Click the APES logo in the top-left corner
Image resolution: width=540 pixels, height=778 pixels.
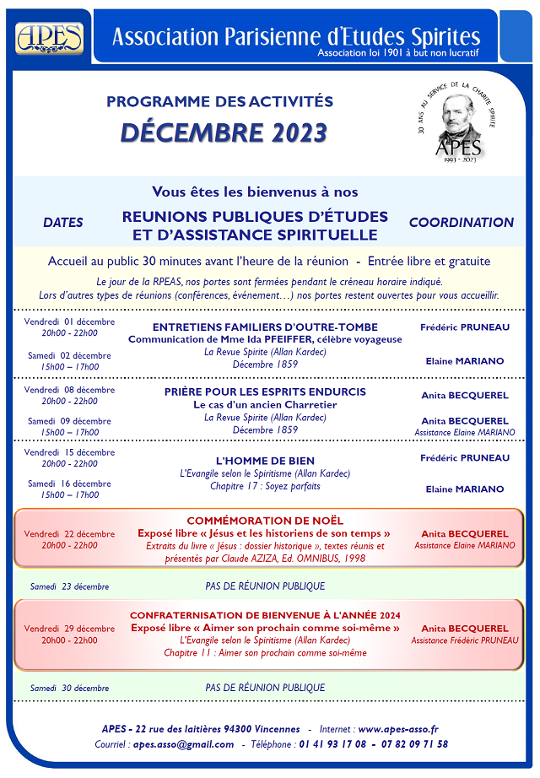tap(49, 37)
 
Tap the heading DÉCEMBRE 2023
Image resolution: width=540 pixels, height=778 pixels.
tap(223, 132)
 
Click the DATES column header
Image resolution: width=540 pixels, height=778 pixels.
tap(63, 223)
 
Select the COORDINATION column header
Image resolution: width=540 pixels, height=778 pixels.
tap(461, 223)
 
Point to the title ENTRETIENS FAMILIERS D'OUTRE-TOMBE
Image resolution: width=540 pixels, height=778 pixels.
tap(265, 327)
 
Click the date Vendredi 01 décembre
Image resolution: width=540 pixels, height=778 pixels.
tap(69, 321)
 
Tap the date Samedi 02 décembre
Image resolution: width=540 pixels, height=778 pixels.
tap(69, 355)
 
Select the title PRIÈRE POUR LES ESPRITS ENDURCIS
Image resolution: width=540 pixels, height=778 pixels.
tap(265, 392)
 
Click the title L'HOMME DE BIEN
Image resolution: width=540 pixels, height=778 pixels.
tap(265, 461)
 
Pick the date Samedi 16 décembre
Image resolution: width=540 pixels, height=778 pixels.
tap(69, 484)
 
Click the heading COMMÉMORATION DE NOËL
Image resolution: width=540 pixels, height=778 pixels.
tap(265, 521)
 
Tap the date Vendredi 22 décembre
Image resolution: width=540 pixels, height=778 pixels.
tap(69, 533)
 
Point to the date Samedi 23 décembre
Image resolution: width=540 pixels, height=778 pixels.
tap(69, 586)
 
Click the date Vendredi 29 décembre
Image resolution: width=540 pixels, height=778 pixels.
tap(69, 629)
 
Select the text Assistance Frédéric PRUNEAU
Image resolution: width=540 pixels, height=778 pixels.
tap(465, 640)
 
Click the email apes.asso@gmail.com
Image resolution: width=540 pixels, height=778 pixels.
tap(183, 744)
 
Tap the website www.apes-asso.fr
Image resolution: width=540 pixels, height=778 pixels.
tap(398, 729)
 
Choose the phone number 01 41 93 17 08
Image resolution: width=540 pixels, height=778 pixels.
tap(332, 744)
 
